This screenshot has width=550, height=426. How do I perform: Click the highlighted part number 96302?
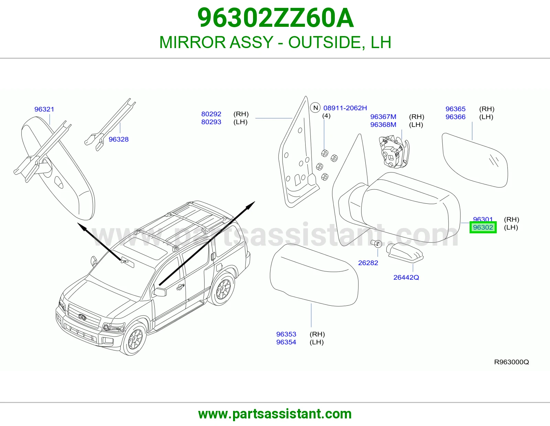click(x=483, y=227)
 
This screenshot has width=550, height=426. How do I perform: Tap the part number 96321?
click(x=44, y=109)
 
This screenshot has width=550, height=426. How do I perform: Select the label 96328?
click(x=119, y=139)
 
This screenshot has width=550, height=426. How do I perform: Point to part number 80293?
click(x=211, y=122)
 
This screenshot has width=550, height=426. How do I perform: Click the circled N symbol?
click(x=315, y=108)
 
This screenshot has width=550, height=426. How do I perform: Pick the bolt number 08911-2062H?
click(x=345, y=108)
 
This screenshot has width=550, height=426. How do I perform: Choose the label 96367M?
click(x=383, y=116)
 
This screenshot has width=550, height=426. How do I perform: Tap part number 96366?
click(x=455, y=117)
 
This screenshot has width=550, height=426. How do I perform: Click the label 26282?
click(x=368, y=263)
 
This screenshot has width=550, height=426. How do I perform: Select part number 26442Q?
click(x=406, y=278)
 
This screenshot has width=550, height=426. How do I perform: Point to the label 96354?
click(x=286, y=342)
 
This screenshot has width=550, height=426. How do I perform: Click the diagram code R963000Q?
click(x=511, y=362)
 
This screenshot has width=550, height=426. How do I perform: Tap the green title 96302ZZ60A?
click(x=275, y=18)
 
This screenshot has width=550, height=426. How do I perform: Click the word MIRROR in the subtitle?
click(x=193, y=42)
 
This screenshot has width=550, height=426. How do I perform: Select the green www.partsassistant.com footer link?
click(x=275, y=414)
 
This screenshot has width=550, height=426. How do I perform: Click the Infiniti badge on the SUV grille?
click(x=82, y=317)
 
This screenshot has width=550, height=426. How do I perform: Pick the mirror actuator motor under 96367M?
click(x=394, y=152)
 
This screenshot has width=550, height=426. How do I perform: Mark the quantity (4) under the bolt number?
click(x=326, y=116)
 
